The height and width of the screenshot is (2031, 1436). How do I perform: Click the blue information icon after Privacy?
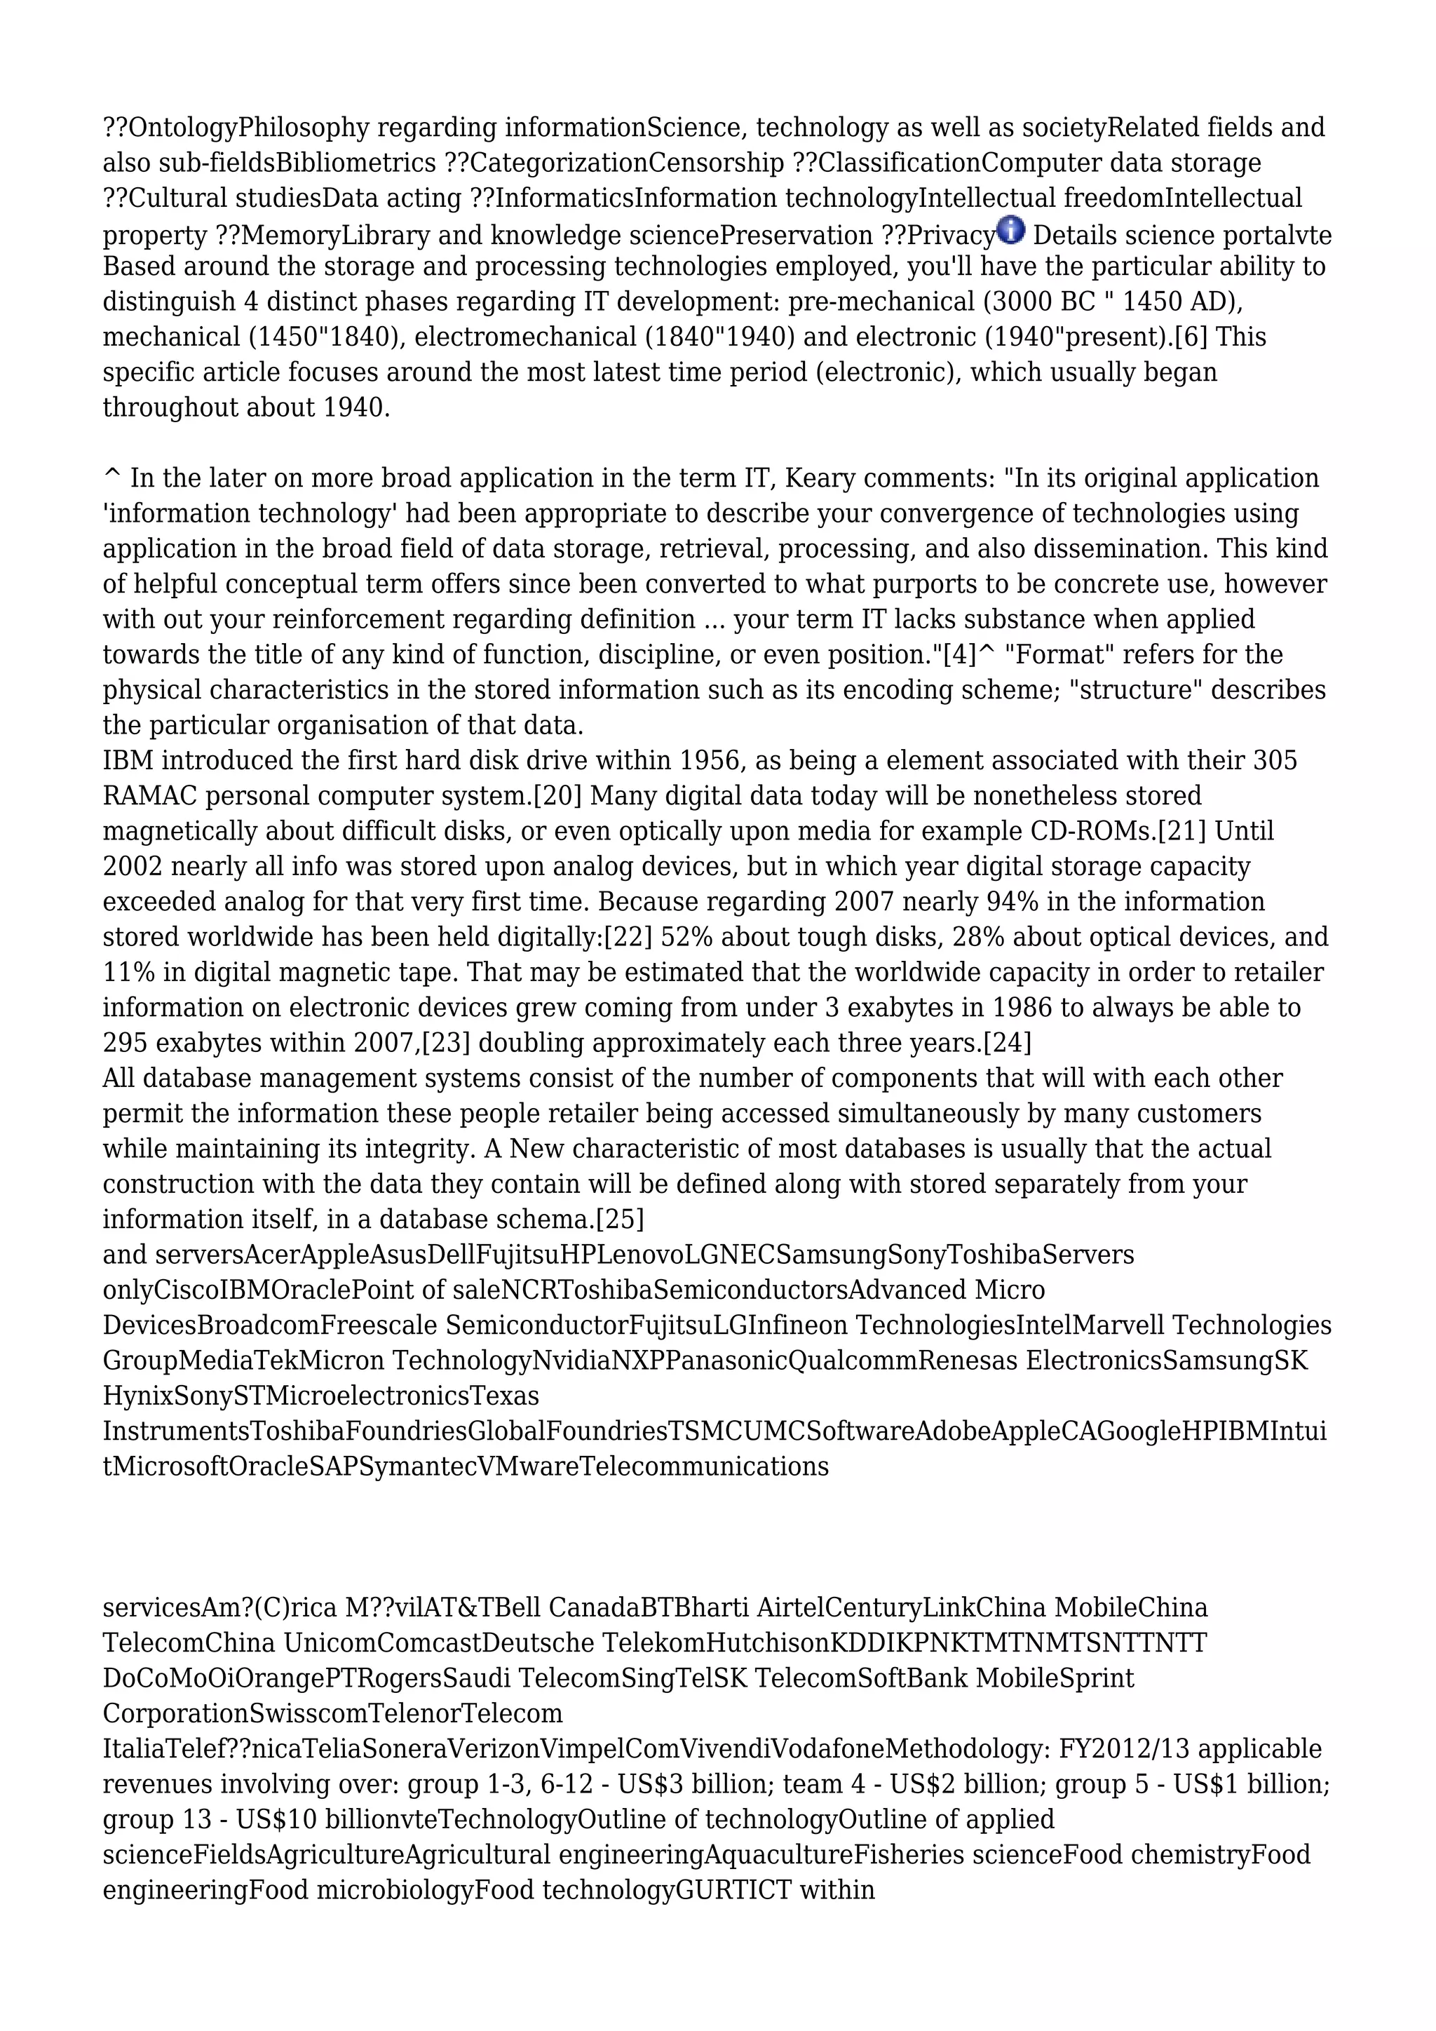1010,230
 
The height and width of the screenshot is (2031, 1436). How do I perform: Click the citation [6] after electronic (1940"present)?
1190,337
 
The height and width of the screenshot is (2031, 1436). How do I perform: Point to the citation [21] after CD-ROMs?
1182,832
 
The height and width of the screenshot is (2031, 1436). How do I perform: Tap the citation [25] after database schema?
620,1220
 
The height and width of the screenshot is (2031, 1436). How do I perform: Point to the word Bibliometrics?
355,163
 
